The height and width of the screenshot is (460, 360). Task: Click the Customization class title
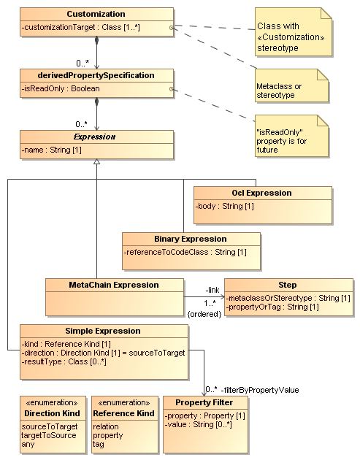click(x=96, y=14)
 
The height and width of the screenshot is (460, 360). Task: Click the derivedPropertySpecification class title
click(x=96, y=75)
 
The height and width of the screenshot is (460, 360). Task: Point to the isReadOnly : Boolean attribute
click(x=61, y=88)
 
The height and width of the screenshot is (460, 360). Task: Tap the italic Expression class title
click(x=96, y=137)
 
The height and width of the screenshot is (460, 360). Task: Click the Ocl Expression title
click(x=263, y=193)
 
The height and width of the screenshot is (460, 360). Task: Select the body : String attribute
click(x=224, y=207)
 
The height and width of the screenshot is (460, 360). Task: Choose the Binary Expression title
click(x=191, y=239)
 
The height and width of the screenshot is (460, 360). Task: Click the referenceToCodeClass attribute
click(x=185, y=252)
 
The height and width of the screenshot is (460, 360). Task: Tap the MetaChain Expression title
click(x=113, y=284)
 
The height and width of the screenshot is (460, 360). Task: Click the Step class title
click(x=288, y=285)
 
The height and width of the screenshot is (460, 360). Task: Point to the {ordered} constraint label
click(x=204, y=313)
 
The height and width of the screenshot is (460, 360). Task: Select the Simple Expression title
click(x=104, y=331)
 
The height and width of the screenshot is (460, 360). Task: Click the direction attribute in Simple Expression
click(x=102, y=353)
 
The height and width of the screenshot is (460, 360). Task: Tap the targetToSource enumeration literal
click(x=50, y=434)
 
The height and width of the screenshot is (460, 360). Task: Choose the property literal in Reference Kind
click(x=108, y=434)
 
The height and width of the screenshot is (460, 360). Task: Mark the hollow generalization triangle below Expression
click(x=96, y=161)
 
